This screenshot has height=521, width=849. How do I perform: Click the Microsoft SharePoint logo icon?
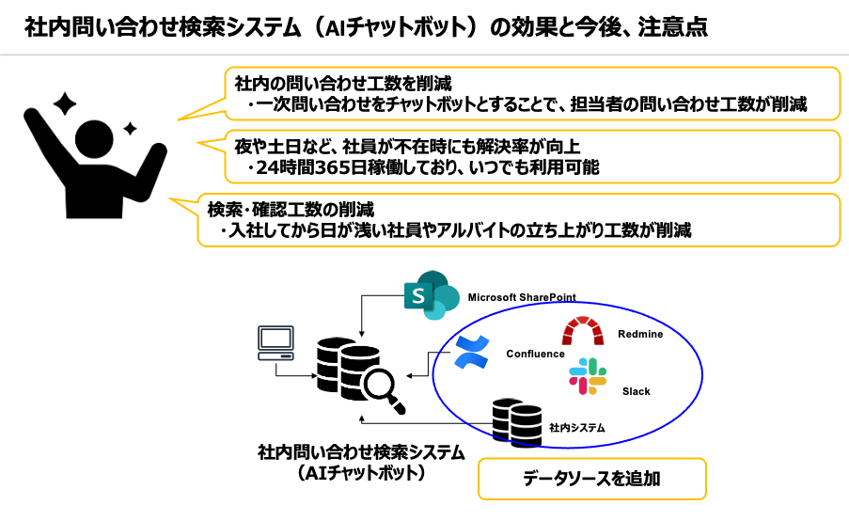pos(430,296)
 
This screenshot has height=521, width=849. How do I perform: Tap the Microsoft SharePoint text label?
pos(521,297)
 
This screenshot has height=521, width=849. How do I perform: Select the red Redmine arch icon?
pos(582,332)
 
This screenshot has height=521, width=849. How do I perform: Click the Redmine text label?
pos(640,335)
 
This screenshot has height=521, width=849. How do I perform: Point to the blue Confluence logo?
pos(473,352)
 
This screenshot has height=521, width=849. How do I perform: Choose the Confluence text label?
pos(535,354)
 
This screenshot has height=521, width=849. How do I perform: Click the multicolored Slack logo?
pos(589,375)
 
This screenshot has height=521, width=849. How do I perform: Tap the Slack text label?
pos(636,391)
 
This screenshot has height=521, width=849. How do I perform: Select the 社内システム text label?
pos(576,427)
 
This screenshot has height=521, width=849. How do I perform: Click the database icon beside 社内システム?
pos(517,420)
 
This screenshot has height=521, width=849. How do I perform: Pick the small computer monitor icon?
pos(275,342)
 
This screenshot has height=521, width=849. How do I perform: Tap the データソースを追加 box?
pos(591,479)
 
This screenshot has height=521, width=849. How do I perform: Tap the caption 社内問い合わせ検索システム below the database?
pos(361,452)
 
